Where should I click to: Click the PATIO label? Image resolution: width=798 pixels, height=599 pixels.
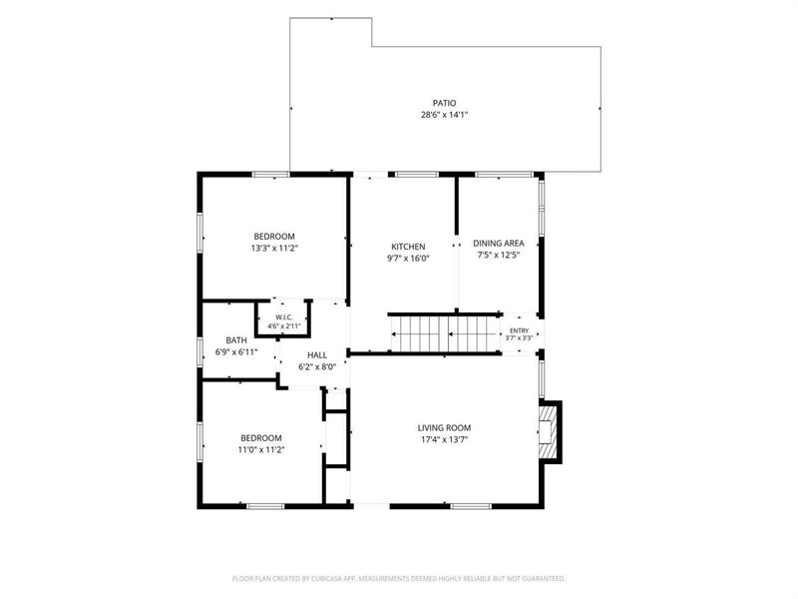click(x=444, y=104)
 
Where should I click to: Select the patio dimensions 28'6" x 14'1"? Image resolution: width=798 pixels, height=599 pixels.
click(x=444, y=115)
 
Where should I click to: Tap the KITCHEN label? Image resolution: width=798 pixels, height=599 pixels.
click(x=408, y=247)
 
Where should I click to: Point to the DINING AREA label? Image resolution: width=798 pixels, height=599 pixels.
click(x=498, y=244)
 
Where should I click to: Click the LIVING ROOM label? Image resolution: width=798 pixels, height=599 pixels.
click(x=444, y=428)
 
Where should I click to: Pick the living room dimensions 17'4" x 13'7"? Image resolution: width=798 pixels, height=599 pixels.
click(x=444, y=439)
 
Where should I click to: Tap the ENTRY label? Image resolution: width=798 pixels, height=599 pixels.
click(x=519, y=330)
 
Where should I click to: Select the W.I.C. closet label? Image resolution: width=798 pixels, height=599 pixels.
click(x=284, y=317)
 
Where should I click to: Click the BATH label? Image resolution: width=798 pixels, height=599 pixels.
click(x=236, y=340)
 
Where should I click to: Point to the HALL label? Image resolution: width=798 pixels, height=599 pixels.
click(x=317, y=355)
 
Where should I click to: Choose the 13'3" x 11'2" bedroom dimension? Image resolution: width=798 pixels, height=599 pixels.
click(x=274, y=249)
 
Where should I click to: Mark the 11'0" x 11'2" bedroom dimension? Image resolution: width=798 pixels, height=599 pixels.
click(x=261, y=450)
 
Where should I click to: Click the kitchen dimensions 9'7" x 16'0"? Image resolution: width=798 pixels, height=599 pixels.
click(x=408, y=259)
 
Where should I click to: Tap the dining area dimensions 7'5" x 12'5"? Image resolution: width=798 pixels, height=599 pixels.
click(x=498, y=256)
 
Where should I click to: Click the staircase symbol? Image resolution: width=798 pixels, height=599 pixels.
click(x=445, y=334)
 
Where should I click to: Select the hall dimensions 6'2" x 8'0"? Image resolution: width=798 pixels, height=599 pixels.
click(x=317, y=366)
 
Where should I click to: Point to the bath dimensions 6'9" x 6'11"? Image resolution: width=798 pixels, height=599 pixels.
click(x=236, y=352)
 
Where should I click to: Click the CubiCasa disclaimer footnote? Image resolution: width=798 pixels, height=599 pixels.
click(x=398, y=579)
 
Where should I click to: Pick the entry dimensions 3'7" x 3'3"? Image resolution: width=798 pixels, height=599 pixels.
click(x=519, y=337)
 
